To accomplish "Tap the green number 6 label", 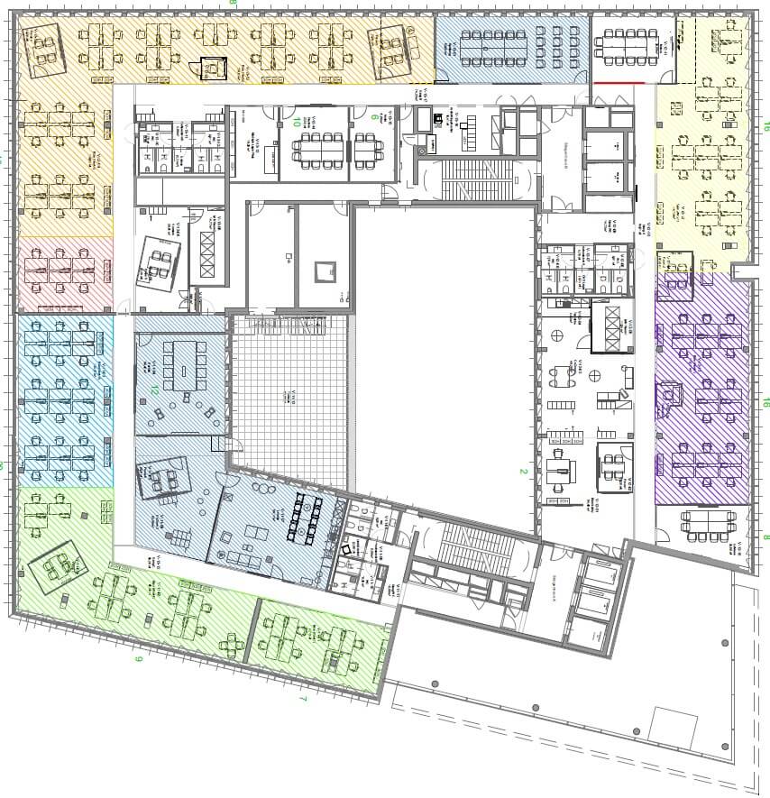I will coord(374,115).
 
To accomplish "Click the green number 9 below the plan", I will coord(138,660).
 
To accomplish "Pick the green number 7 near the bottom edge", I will coord(303,699).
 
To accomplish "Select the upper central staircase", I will coord(472,180).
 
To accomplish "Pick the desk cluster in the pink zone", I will coord(61,271).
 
